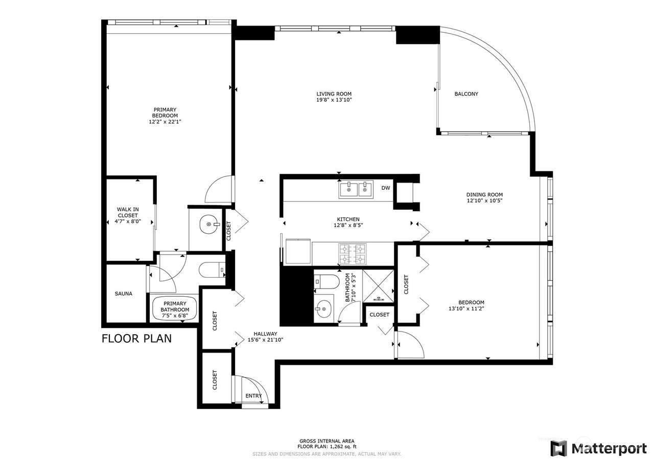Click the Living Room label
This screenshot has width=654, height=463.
334,94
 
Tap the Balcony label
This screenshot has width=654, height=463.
466,94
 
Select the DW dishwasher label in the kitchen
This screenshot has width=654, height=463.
386,188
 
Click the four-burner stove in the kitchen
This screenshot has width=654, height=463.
352,254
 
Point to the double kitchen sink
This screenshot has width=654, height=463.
356,189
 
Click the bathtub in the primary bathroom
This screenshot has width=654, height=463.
175,308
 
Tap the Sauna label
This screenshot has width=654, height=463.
124,294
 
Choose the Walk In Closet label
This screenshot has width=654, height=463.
128,212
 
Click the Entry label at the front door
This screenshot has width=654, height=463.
253,396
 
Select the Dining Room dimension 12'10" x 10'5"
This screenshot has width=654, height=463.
484,201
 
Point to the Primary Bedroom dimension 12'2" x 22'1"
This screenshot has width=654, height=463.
165,122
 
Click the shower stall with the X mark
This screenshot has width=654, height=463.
379,286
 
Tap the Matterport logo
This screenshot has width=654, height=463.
598,448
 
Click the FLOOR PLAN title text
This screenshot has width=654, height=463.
136,339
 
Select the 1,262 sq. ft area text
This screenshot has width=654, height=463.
343,447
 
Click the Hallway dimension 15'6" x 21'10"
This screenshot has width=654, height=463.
265,340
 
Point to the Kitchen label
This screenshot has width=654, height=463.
348,219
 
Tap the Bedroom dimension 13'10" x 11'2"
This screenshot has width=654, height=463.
466,308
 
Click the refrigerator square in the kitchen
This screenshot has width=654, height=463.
298,251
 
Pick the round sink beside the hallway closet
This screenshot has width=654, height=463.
209,225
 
